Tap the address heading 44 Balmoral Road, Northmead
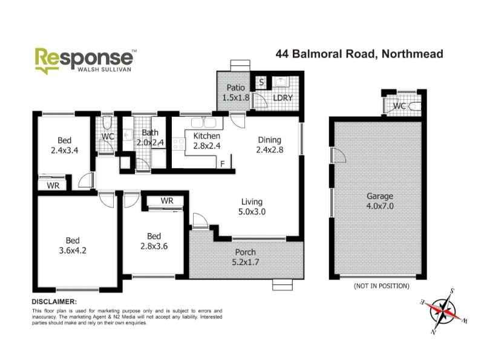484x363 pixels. [x=359, y=54]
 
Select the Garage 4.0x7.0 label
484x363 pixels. [x=380, y=201]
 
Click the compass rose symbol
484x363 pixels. [x=443, y=311]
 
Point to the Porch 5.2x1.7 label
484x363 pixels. [x=246, y=257]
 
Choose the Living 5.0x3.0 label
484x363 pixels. [x=252, y=207]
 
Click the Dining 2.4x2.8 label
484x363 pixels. [x=269, y=145]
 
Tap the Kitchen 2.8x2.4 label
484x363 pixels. [x=207, y=141]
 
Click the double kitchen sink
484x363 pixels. [x=203, y=123]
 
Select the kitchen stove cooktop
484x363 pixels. [x=178, y=143]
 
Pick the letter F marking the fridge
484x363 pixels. [x=223, y=164]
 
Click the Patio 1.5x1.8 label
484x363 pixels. [x=236, y=93]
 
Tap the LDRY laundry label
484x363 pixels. [x=283, y=98]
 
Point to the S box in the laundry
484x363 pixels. [x=261, y=82]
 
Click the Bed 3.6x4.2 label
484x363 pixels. [x=73, y=246]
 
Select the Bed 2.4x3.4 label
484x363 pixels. [x=64, y=145]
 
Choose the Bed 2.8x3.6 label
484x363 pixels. [x=154, y=241]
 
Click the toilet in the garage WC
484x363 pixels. [x=414, y=106]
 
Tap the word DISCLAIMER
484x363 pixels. [x=54, y=301]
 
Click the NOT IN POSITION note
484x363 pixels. [x=382, y=286]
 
